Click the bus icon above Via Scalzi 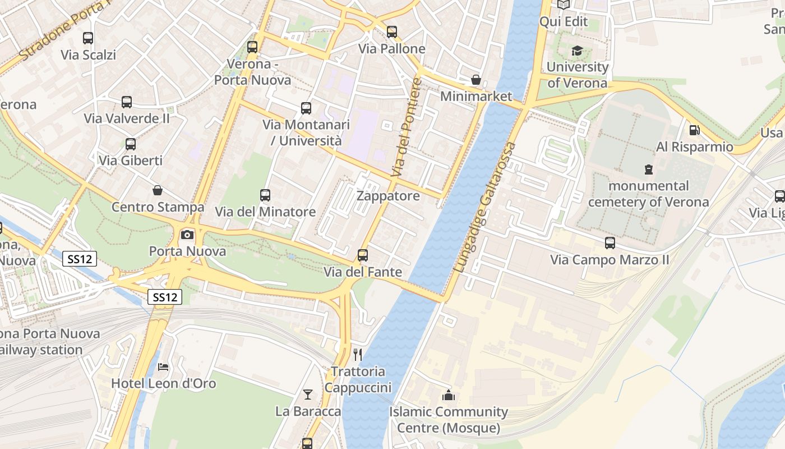[88, 38]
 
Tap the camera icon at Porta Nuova [187, 235]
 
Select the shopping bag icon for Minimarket [476, 80]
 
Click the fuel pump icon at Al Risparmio [694, 130]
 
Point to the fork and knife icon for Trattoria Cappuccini [358, 355]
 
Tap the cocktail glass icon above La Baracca [308, 395]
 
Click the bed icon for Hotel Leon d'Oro [163, 367]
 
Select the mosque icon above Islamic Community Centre [448, 396]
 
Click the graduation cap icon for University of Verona [577, 51]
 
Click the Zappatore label [388, 196]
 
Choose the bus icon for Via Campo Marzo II [610, 243]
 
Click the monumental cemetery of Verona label [648, 194]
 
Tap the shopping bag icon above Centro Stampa [158, 191]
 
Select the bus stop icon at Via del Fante [363, 255]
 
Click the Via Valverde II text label [127, 118]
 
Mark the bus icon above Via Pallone [392, 32]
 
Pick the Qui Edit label [563, 22]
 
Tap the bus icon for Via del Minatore [265, 195]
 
